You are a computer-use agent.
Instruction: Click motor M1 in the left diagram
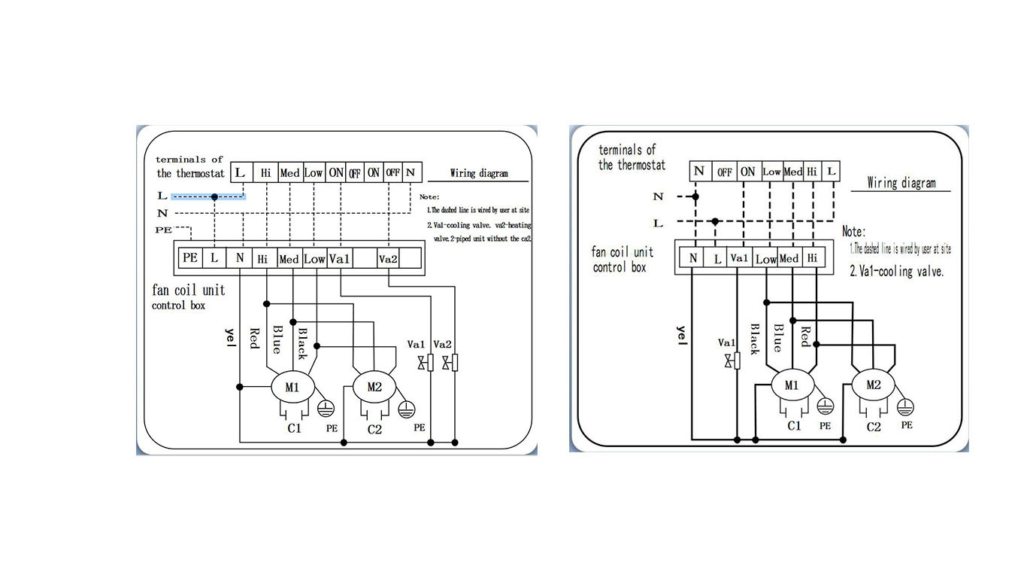(291, 388)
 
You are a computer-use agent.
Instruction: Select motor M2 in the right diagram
(873, 385)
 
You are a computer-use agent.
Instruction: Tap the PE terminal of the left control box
(190, 258)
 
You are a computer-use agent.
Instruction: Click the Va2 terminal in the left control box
(388, 259)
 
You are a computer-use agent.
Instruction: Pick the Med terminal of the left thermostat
(289, 173)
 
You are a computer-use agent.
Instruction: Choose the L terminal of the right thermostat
(831, 172)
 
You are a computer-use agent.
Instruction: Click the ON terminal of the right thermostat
(747, 172)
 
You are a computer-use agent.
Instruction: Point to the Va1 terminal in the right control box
(739, 258)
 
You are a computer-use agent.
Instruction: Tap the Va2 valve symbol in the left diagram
(450, 364)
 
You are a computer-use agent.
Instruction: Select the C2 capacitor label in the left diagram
(374, 430)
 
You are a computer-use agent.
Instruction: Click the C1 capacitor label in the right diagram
(794, 426)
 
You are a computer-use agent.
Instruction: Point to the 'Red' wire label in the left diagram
(254, 338)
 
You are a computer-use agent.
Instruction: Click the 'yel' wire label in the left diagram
(230, 339)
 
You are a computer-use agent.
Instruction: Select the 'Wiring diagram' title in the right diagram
(901, 183)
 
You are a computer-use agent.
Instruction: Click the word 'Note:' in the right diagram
(853, 232)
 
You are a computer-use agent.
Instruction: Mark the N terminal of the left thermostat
(410, 172)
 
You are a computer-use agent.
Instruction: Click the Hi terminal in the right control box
(812, 258)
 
